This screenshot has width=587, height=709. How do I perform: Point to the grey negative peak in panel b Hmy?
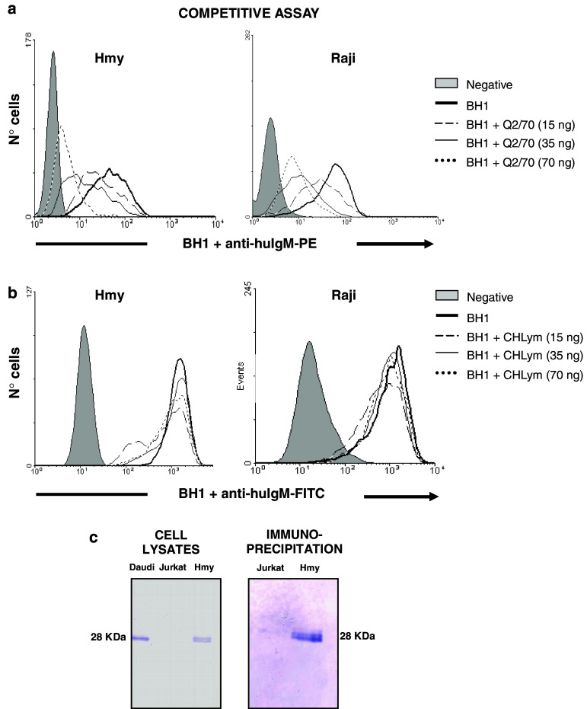point(84,396)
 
